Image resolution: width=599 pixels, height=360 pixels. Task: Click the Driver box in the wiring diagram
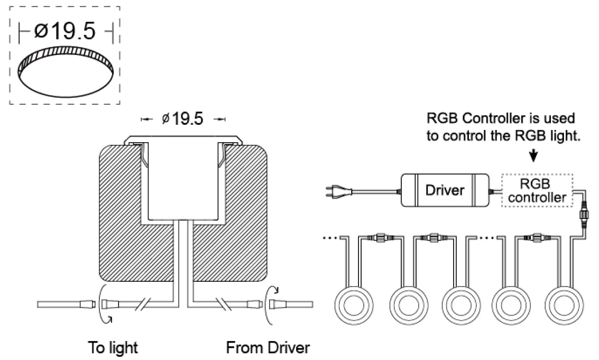pyautogui.click(x=445, y=190)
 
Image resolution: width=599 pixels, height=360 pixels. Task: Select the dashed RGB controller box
pyautogui.click(x=537, y=190)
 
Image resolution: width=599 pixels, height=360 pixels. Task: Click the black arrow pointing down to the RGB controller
pyautogui.click(x=533, y=155)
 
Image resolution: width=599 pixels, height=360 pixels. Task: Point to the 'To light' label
pyautogui.click(x=113, y=347)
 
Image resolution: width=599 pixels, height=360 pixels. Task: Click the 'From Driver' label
pyautogui.click(x=268, y=347)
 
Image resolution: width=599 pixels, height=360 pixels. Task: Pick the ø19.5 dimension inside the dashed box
pyautogui.click(x=65, y=31)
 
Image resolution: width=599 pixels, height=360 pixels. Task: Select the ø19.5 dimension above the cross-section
pyautogui.click(x=182, y=119)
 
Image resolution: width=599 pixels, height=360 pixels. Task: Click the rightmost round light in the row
pyautogui.click(x=564, y=306)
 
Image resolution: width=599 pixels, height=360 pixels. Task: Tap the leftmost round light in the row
pyautogui.click(x=354, y=306)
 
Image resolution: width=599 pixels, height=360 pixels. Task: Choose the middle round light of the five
pyautogui.click(x=461, y=306)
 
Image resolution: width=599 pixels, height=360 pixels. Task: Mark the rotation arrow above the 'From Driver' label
pyautogui.click(x=272, y=304)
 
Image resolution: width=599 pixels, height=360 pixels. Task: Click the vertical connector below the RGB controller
pyautogui.click(x=584, y=215)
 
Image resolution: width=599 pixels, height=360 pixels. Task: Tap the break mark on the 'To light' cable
pyautogui.click(x=144, y=304)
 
